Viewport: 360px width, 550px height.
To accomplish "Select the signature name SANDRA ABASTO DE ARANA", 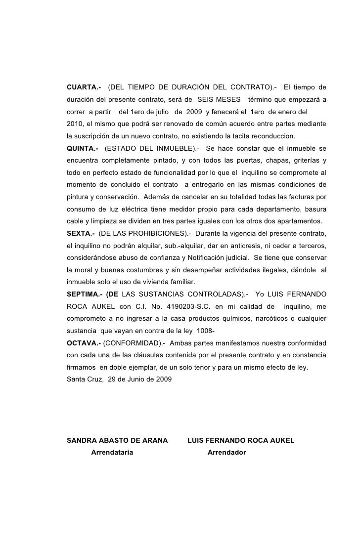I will click(117, 440).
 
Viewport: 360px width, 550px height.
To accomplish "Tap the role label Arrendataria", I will click(112, 452).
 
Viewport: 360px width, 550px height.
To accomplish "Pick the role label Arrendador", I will click(226, 452).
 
